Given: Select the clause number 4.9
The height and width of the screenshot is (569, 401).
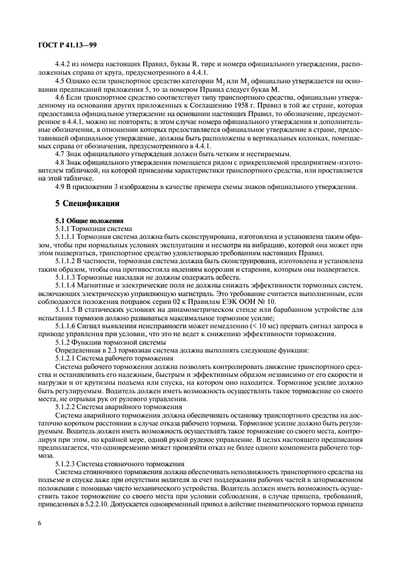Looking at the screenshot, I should point(60,186).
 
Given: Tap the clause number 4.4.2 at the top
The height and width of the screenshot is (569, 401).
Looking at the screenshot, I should point(64,63).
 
